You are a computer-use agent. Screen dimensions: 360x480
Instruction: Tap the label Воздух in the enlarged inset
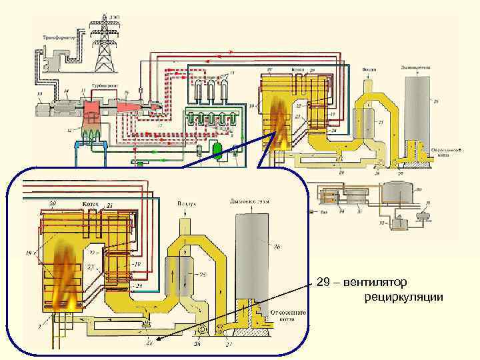187,202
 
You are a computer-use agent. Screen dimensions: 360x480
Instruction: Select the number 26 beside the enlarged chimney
277,247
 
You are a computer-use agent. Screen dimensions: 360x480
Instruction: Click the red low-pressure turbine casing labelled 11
91,107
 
